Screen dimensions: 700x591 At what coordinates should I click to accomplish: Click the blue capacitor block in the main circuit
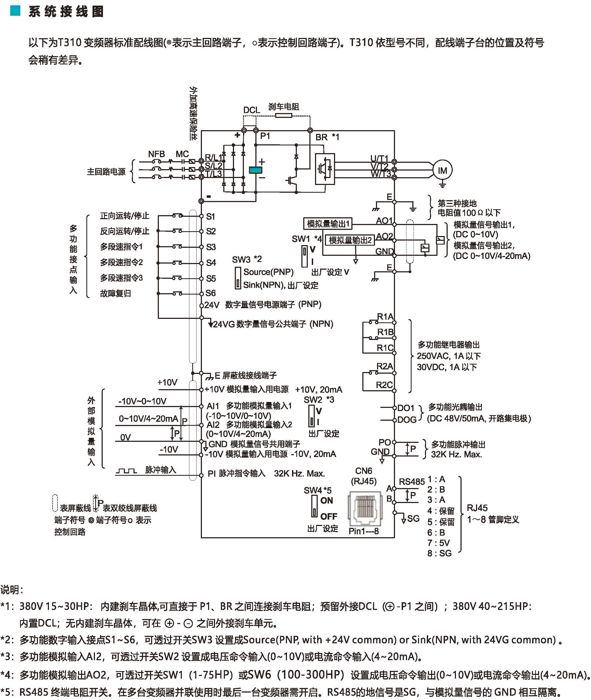coord(255,170)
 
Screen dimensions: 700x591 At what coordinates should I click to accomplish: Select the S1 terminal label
coord(210,216)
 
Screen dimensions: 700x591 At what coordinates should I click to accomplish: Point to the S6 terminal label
coord(210,293)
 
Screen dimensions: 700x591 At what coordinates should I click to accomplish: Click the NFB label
coord(156,154)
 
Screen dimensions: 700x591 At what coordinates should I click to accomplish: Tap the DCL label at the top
coord(252,110)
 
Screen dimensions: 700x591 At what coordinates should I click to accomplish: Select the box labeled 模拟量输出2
coord(350,240)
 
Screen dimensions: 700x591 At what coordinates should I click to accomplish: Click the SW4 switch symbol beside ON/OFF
coord(314,506)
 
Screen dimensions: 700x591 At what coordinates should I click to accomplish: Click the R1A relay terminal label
coord(385,317)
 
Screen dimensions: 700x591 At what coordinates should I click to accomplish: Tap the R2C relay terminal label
coord(384,385)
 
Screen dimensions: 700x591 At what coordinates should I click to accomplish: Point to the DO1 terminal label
coord(406,408)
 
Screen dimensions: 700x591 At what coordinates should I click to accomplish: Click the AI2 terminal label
coord(213,425)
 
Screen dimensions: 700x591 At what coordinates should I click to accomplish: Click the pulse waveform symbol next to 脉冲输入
coord(126,471)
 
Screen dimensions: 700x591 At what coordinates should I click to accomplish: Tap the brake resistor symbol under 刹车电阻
coord(283,115)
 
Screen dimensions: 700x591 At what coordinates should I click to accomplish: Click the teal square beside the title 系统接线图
coord(16,11)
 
